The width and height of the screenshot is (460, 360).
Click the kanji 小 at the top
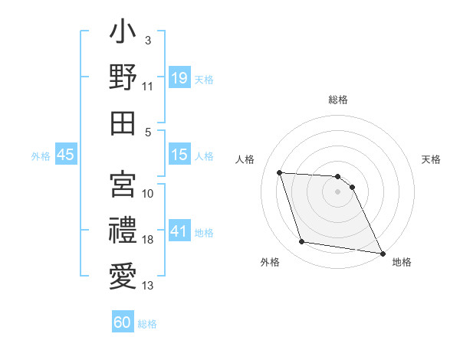123,34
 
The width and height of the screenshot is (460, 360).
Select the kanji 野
123,77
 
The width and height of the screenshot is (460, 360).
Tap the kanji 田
123,123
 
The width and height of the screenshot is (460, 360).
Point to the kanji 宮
123,184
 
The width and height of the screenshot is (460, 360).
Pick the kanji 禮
123,229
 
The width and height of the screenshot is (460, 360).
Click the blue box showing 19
179,78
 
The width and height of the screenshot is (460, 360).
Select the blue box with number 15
179,155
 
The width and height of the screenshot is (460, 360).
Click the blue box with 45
66,155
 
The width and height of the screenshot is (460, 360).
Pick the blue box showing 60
123,322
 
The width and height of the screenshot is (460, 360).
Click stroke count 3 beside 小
148,40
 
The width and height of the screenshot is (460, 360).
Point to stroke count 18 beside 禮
148,240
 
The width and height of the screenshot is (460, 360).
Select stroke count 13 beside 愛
148,286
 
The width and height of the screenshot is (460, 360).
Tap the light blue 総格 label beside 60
147,324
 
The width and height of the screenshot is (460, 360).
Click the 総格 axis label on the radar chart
337,100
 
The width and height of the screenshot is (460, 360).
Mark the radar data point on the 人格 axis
280,172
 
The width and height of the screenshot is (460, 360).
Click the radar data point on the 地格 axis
382,253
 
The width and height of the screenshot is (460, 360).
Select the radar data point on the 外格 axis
302,242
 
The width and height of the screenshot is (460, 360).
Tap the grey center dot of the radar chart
337,191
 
